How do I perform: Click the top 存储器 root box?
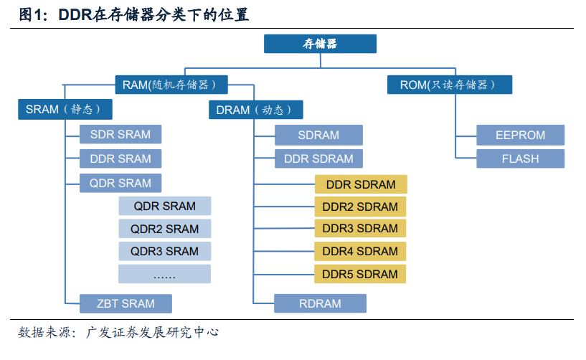click(x=320, y=44)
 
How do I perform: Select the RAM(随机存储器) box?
click(x=171, y=85)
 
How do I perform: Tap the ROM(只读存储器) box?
click(x=450, y=85)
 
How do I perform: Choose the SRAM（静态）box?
click(x=65, y=109)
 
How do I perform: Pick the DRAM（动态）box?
click(x=255, y=110)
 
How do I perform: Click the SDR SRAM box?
click(x=120, y=134)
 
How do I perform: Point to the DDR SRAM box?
click(x=120, y=158)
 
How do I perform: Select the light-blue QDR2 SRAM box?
click(x=164, y=229)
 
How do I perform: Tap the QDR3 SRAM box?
click(x=164, y=251)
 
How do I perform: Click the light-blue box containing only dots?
click(x=164, y=274)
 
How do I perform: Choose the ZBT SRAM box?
click(x=126, y=303)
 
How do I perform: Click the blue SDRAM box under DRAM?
click(x=318, y=135)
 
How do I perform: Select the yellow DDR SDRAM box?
click(x=361, y=184)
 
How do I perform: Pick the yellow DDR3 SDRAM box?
click(x=360, y=228)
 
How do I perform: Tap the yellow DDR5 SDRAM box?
click(x=360, y=274)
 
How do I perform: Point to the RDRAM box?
click(x=320, y=303)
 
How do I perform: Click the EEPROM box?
click(x=520, y=135)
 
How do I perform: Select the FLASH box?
click(x=520, y=158)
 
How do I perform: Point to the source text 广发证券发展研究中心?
click(x=152, y=332)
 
